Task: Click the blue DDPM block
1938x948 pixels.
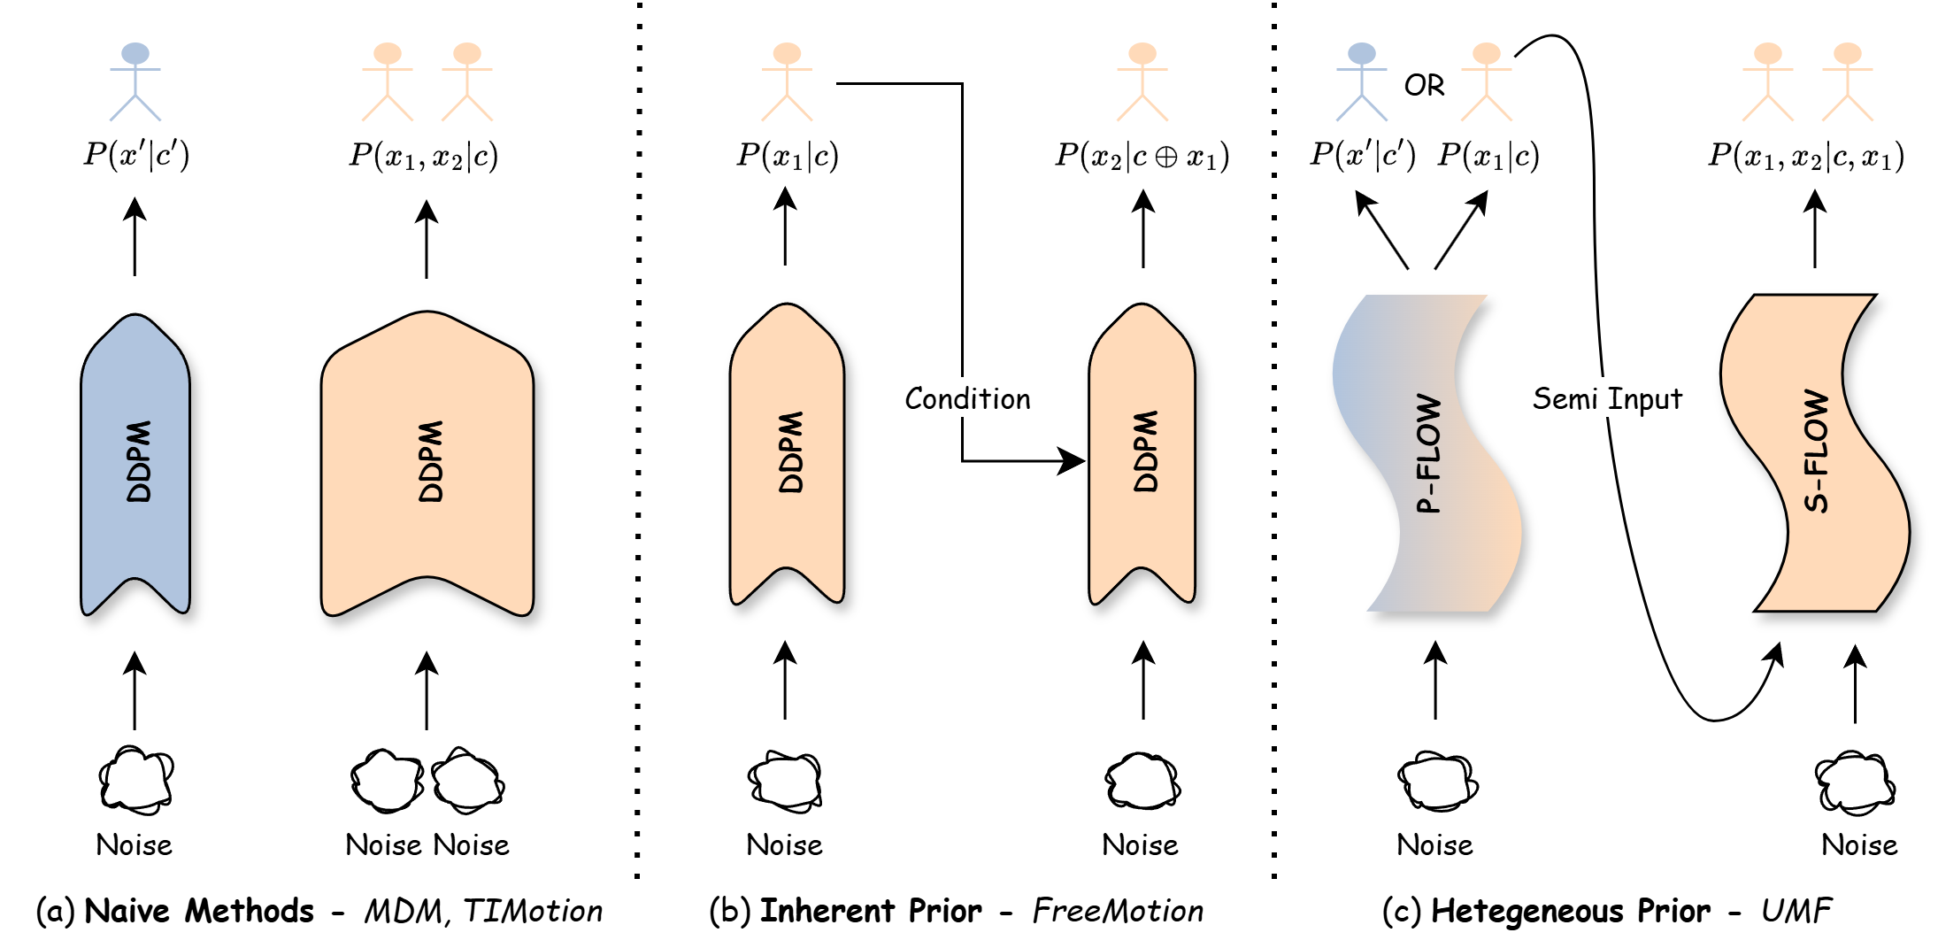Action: tap(135, 460)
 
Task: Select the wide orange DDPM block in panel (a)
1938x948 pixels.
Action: tap(427, 460)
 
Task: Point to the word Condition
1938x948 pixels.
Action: tap(967, 399)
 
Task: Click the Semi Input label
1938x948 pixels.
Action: tap(1606, 399)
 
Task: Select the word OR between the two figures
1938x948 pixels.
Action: tap(1424, 85)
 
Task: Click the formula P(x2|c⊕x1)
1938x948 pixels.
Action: tap(1142, 157)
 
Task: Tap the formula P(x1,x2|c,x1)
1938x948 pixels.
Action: tap(1805, 157)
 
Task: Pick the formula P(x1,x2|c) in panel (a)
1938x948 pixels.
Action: tap(423, 157)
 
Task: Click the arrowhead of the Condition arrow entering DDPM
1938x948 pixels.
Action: tap(1073, 461)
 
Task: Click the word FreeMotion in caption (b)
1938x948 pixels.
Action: tap(1118, 911)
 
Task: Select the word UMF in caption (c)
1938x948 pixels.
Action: tap(1796, 911)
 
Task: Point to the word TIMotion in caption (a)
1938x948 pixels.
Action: tap(533, 911)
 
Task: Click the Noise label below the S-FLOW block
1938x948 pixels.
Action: tap(1858, 845)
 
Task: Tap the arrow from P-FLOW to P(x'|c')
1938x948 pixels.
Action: tap(1381, 230)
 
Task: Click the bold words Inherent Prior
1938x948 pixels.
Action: tap(871, 911)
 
